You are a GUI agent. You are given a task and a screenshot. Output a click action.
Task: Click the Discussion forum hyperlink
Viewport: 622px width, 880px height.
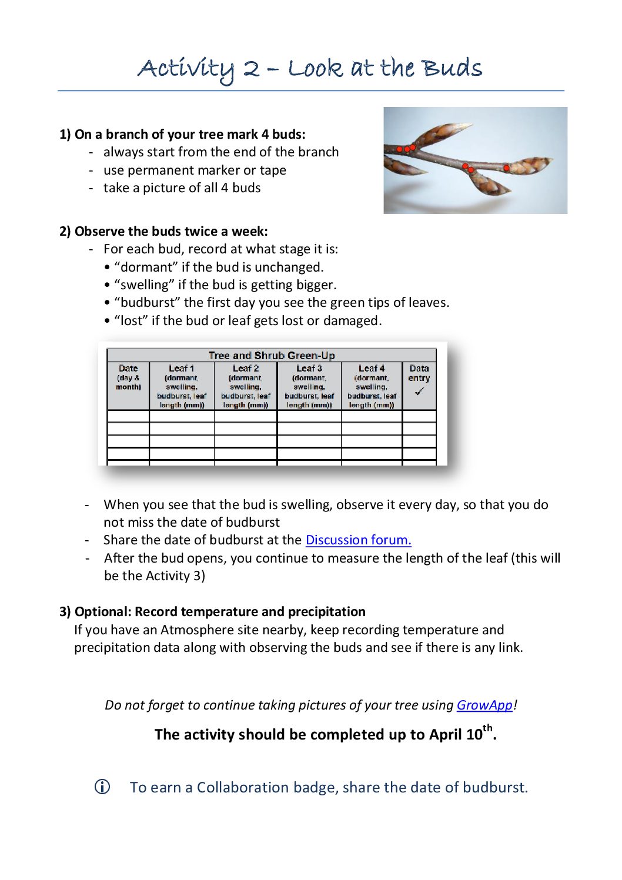[358, 540]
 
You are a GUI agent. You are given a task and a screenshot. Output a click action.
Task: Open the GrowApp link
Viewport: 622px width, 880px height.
[484, 705]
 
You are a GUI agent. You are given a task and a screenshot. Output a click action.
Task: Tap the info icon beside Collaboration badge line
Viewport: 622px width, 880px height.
[102, 787]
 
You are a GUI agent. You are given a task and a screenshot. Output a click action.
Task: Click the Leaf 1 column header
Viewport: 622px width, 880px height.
[182, 369]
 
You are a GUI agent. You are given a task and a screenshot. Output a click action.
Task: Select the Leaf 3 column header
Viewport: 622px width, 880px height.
[309, 369]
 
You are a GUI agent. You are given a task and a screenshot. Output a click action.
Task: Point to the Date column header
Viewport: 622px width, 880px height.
[128, 369]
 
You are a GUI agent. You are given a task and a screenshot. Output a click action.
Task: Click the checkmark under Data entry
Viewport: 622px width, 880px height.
[419, 392]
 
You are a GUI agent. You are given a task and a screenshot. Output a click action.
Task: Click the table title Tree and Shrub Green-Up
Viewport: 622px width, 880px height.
[272, 355]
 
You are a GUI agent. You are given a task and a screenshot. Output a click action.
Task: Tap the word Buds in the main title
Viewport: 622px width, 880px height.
[453, 68]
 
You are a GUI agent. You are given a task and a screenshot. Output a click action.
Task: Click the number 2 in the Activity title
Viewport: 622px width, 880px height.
[251, 69]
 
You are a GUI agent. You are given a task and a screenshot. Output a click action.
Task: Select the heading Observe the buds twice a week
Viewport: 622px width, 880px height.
[170, 231]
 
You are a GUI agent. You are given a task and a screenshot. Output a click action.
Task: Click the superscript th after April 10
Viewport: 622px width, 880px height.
[488, 728]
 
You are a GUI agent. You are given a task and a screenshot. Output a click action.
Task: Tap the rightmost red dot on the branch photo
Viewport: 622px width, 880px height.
[506, 168]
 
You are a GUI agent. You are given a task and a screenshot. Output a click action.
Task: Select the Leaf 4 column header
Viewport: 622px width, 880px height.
[372, 369]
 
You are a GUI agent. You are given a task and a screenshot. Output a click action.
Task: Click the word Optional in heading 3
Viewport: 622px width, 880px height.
[103, 611]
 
